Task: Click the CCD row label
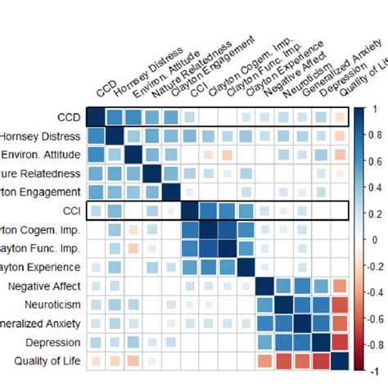(x=69, y=117)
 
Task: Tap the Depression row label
(x=56, y=341)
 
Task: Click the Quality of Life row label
(x=47, y=360)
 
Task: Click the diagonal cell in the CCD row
(x=96, y=117)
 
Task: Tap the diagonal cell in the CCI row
(x=190, y=211)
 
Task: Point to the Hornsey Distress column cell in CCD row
(x=115, y=117)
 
